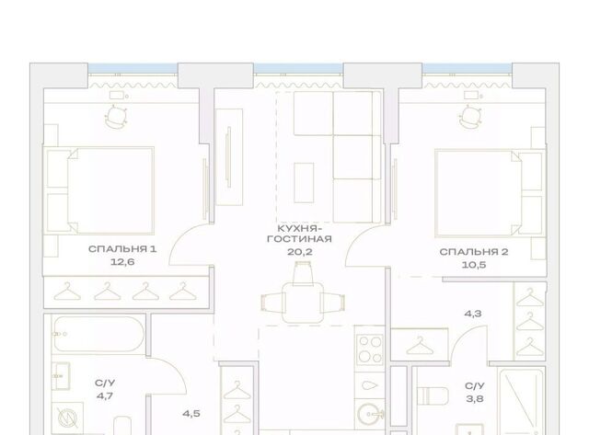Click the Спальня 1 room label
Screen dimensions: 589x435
point(122,249)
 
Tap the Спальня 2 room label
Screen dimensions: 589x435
point(474,252)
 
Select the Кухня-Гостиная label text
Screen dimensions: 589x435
point(299,234)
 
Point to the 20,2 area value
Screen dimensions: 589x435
point(299,252)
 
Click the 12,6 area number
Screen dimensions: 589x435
point(122,262)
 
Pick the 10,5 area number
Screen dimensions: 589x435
point(474,265)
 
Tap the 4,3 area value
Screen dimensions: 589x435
point(473,314)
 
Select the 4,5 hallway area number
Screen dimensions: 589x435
point(191,414)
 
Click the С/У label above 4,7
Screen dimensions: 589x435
point(105,383)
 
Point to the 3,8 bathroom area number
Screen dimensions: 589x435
point(475,399)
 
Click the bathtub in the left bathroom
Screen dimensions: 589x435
point(98,334)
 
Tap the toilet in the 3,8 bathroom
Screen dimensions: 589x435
point(433,396)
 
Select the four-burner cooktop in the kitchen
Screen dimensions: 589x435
point(370,349)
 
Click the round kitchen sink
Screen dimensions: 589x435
point(370,415)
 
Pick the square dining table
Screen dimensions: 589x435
point(303,303)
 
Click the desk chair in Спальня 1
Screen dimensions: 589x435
point(116,117)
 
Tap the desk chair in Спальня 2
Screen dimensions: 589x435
point(470,116)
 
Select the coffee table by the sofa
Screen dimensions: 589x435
point(304,183)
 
